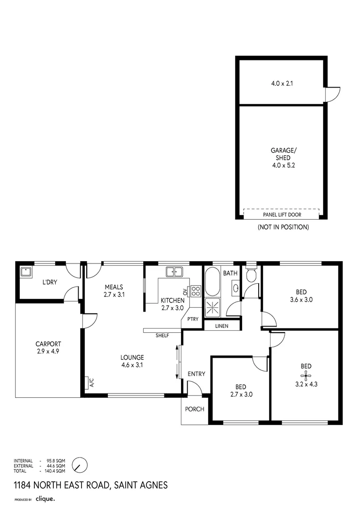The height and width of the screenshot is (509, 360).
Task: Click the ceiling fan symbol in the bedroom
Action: tap(306, 375)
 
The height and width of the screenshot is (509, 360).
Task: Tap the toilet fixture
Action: tap(251, 275)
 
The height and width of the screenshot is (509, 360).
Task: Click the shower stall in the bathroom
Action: tap(213, 307)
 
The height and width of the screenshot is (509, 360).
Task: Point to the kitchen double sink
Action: tap(174, 271)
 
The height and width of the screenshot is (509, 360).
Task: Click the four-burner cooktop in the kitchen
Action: tap(196, 291)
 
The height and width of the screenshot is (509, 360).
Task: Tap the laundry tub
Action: tap(25, 271)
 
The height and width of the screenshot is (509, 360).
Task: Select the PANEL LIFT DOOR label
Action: tap(282, 215)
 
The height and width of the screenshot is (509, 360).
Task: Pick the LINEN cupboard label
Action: tap(222, 326)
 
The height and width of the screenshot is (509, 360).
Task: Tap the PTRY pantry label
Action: tap(193, 319)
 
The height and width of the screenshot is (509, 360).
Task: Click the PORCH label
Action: tap(195, 409)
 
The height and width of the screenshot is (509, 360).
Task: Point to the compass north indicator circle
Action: tap(80, 465)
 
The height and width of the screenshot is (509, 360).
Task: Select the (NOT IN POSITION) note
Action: tap(283, 227)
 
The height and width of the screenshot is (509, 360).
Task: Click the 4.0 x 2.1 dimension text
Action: tap(283, 83)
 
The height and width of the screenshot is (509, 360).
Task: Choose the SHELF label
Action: tap(162, 336)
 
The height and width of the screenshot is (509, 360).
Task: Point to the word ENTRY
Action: tap(196, 374)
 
